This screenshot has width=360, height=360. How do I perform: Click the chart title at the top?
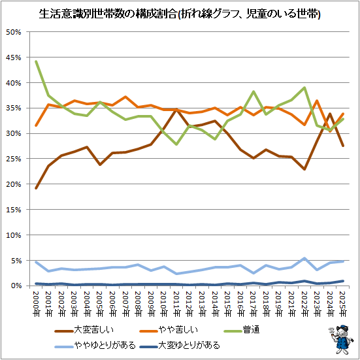[x=180, y=14]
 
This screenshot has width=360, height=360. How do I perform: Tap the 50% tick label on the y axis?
[x=14, y=32]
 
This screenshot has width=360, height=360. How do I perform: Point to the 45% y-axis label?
[x=14, y=57]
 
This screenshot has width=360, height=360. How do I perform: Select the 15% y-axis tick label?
[x=14, y=210]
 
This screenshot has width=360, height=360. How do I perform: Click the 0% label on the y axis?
[x=16, y=286]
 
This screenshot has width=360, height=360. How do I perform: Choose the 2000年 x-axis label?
[x=36, y=304]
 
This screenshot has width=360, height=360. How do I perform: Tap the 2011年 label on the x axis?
[x=176, y=304]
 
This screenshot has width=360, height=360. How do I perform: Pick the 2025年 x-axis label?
[x=343, y=304]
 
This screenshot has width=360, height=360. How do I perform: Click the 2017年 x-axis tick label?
[x=254, y=304]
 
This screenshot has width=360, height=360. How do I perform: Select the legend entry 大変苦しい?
[x=84, y=330]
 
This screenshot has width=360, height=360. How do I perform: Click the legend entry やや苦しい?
[x=169, y=330]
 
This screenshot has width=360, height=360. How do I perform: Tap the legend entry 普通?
[x=242, y=330]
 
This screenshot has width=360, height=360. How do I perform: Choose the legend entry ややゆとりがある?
[x=95, y=346]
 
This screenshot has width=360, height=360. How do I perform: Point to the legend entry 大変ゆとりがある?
[x=180, y=346]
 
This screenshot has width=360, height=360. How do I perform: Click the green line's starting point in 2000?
[x=36, y=61]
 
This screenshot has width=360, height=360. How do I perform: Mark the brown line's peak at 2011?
[x=176, y=110]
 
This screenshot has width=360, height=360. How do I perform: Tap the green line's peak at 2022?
[x=304, y=88]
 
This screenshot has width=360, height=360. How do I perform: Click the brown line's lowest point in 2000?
[x=36, y=188]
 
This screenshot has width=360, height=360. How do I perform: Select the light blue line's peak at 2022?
[x=304, y=259]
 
